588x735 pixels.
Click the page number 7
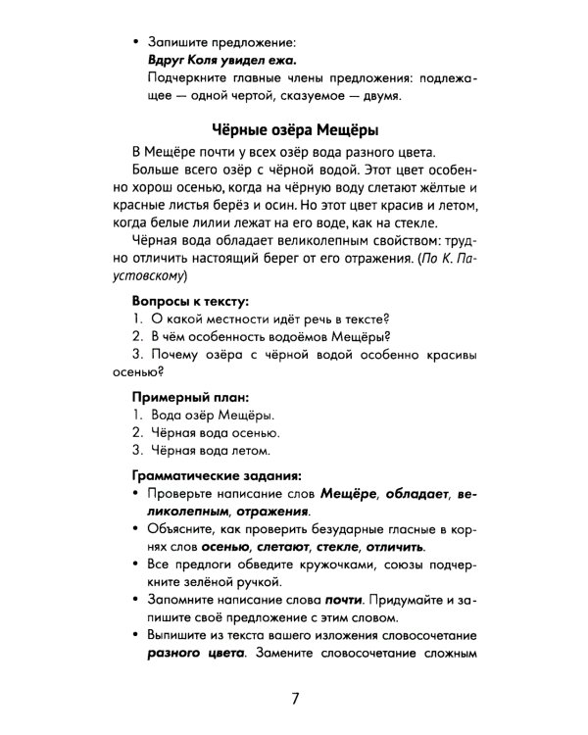[295, 700]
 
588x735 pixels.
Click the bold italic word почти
[348, 600]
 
